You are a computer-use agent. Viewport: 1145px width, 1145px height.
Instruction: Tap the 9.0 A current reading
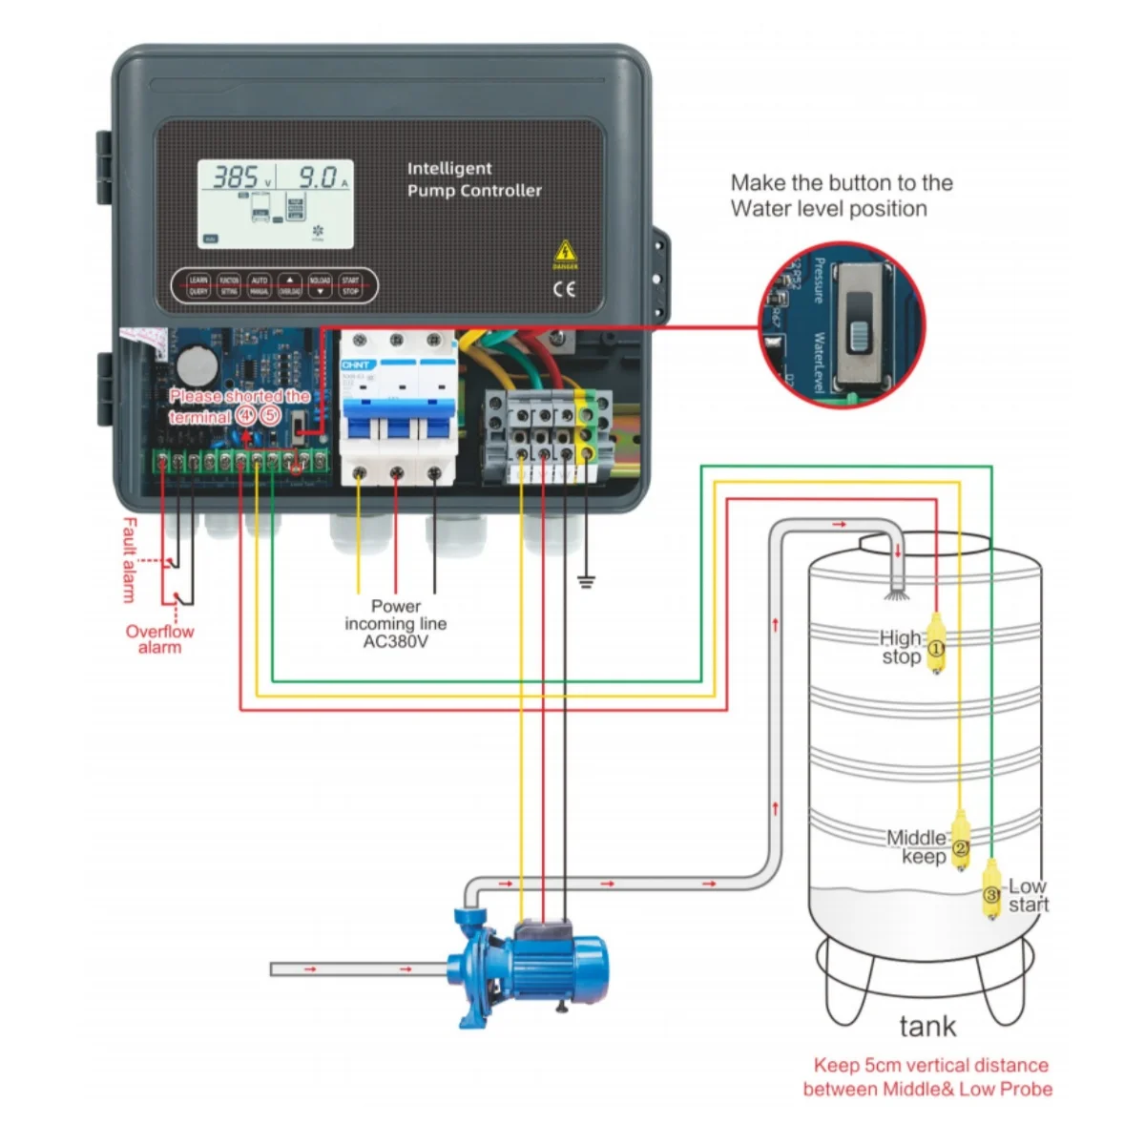(316, 177)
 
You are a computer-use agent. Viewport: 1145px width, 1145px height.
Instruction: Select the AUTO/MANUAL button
(259, 286)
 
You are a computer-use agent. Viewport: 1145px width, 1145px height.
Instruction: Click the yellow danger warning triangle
(565, 252)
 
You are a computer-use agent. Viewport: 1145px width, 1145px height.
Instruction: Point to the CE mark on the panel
(565, 289)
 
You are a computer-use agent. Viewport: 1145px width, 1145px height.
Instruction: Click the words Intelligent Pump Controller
(473, 179)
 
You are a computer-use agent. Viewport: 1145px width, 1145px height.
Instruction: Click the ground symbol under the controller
(586, 581)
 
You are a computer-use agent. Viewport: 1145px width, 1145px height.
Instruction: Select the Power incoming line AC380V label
(395, 623)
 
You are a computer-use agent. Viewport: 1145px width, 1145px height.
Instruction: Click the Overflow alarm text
(159, 639)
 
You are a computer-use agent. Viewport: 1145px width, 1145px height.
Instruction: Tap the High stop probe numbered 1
(936, 648)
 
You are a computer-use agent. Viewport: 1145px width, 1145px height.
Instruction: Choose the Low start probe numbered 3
(992, 893)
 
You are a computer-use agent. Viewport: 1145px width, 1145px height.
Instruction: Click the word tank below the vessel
(926, 1027)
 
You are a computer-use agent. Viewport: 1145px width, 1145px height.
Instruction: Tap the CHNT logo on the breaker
(355, 365)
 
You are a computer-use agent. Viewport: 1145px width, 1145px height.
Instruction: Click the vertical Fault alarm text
(130, 560)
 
